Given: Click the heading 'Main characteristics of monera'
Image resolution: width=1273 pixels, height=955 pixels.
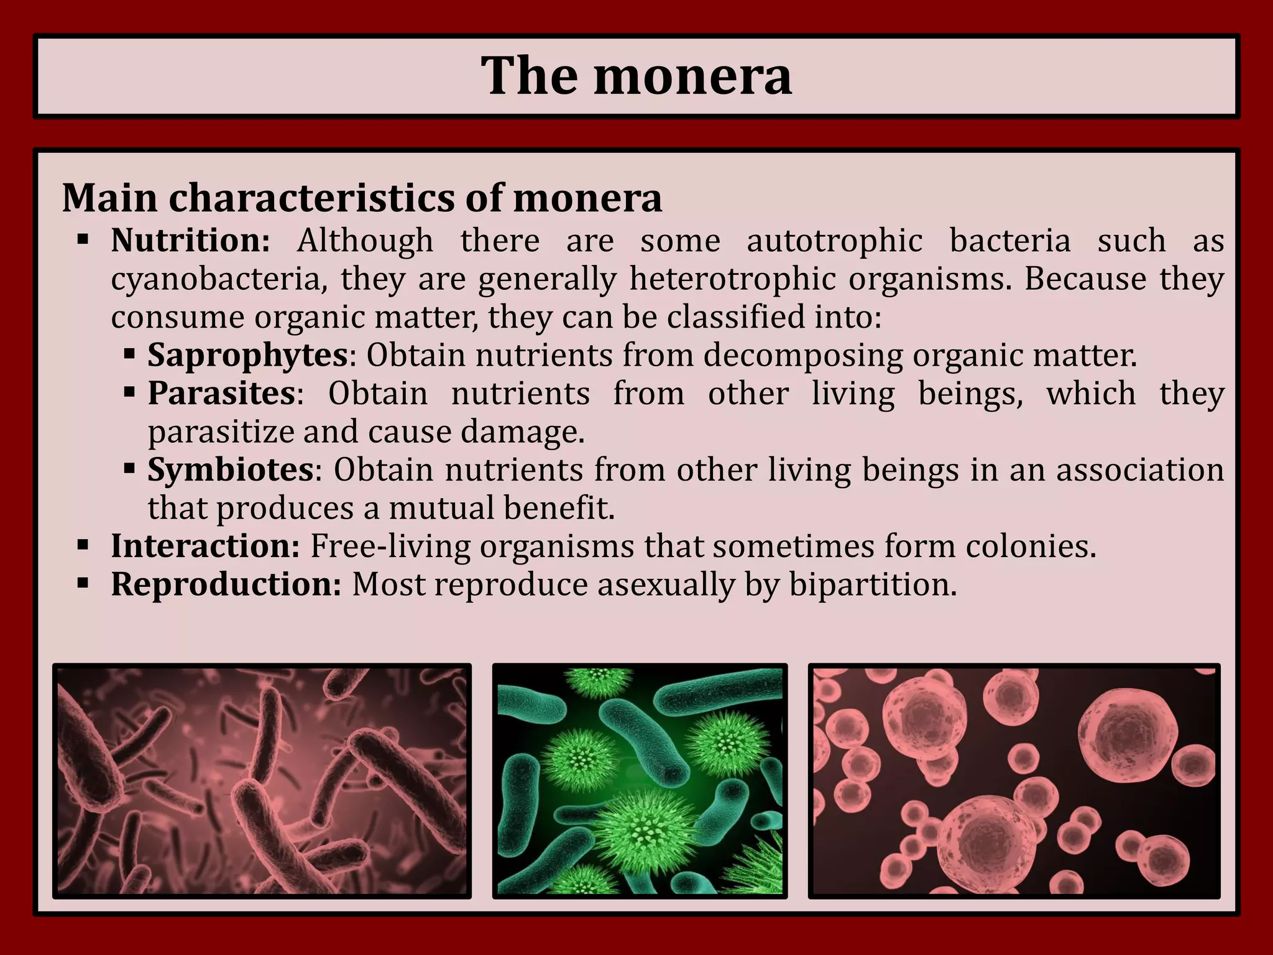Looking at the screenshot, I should click(x=362, y=198).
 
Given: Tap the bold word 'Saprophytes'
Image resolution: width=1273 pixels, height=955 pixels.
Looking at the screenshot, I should click(x=247, y=356).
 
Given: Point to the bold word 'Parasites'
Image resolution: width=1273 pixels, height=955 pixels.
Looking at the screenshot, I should click(x=221, y=394).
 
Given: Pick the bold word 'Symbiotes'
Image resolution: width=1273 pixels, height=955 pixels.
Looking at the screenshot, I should click(x=231, y=470).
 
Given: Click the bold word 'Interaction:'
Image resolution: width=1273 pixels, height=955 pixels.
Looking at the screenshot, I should click(x=205, y=547).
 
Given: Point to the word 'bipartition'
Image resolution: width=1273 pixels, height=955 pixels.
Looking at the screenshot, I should click(x=869, y=585).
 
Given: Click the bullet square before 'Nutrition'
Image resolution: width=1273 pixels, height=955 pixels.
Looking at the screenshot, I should click(x=83, y=239).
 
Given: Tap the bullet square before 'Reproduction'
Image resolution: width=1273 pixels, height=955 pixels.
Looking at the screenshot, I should click(x=83, y=584).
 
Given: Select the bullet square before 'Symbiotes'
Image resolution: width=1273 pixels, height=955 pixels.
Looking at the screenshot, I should click(x=129, y=468).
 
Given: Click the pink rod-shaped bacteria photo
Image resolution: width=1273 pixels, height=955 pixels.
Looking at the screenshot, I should click(x=262, y=781).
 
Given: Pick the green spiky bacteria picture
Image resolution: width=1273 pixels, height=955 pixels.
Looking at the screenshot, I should click(x=640, y=781).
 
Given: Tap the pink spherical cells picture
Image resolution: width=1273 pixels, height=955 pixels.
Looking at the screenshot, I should click(x=1014, y=781).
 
